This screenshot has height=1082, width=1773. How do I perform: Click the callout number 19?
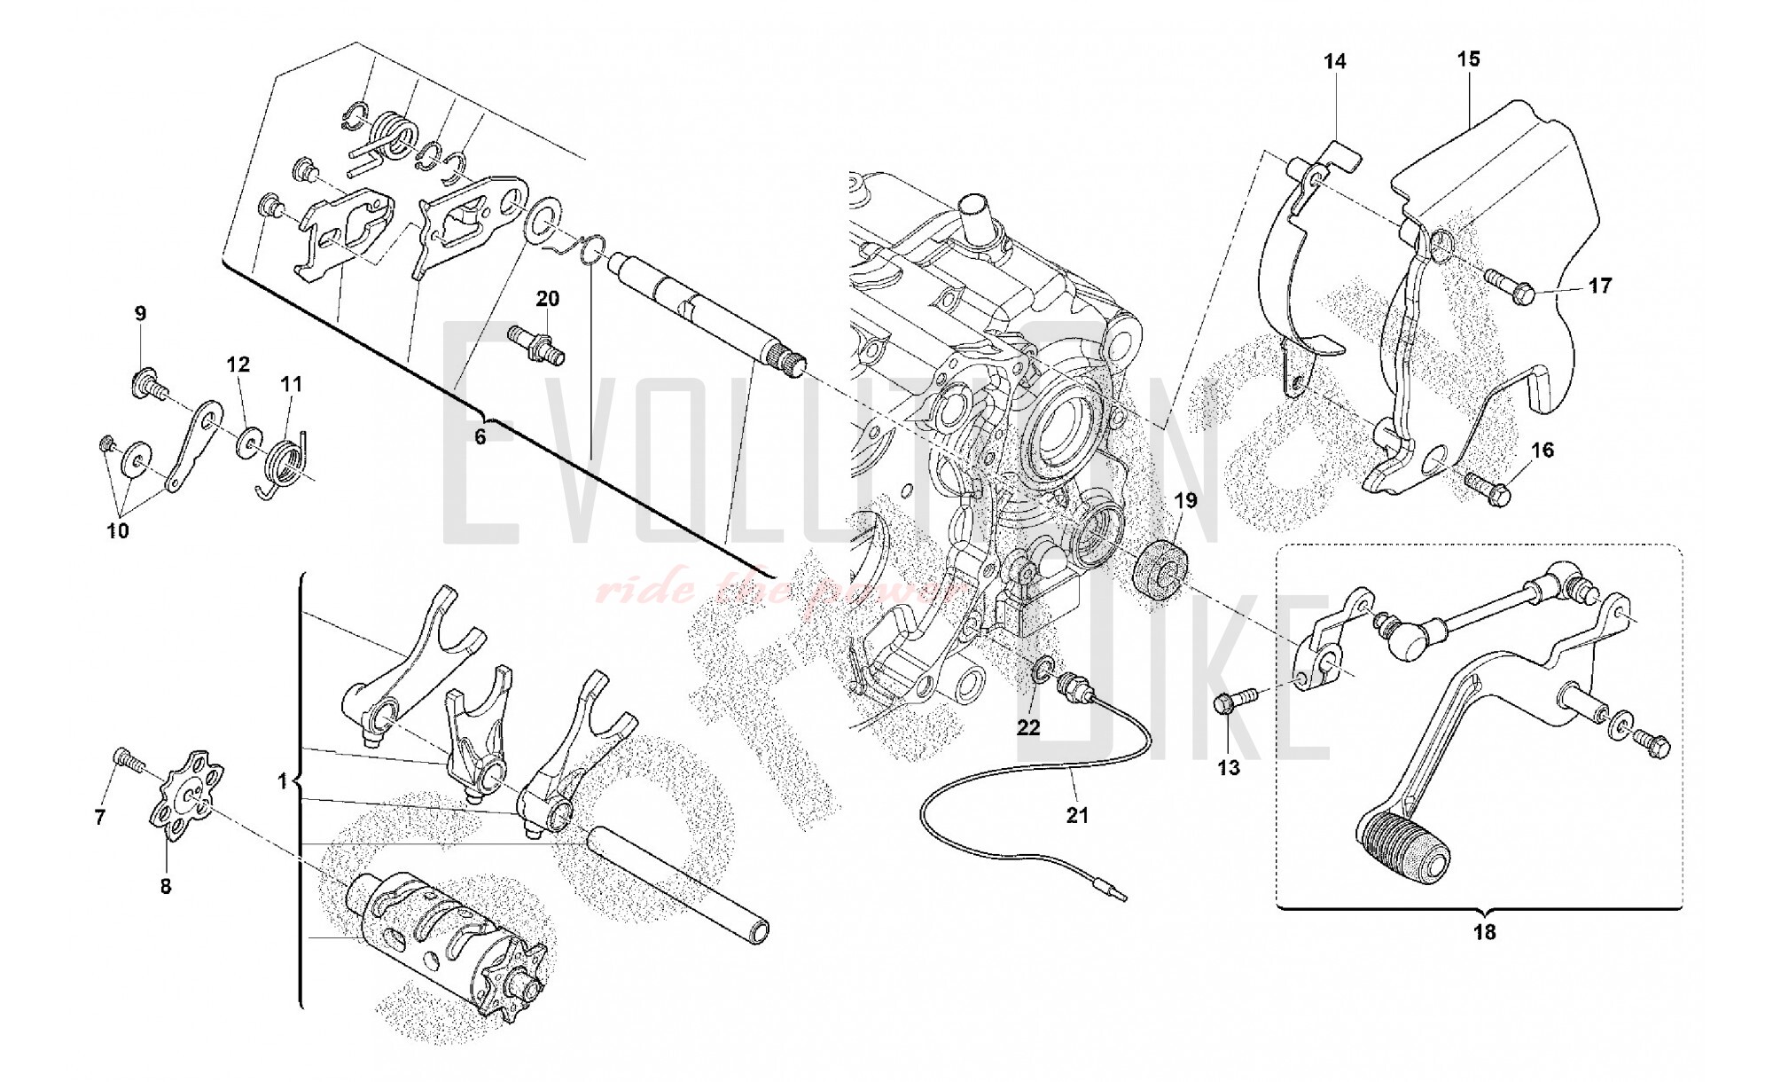click(1185, 501)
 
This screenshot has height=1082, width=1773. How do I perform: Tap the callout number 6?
click(480, 437)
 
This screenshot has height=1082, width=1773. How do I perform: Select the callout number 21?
click(1077, 814)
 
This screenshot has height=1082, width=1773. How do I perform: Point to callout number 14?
click(1335, 61)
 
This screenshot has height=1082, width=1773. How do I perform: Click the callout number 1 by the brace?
click(283, 781)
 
